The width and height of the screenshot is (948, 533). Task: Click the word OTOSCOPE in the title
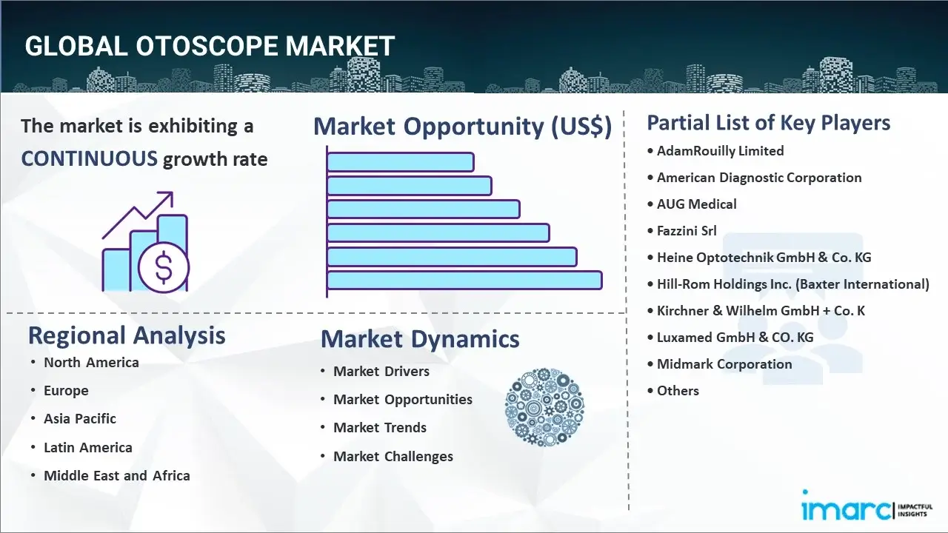tap(207, 46)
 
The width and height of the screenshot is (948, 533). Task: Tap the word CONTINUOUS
tap(90, 158)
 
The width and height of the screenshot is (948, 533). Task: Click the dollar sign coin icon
tap(164, 267)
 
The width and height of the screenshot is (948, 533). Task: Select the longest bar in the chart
tap(464, 281)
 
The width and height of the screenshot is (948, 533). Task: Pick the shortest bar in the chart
tap(401, 162)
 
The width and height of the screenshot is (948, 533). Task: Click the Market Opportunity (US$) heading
tap(463, 126)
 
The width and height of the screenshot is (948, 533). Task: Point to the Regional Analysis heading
tap(127, 335)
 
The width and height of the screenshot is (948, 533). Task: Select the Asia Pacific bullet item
tap(80, 419)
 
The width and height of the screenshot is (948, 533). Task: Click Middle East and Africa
tap(117, 475)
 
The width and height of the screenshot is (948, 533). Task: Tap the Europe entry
tap(66, 390)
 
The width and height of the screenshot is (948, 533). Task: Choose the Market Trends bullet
tap(380, 428)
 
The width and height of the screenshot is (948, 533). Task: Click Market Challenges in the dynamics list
tap(393, 457)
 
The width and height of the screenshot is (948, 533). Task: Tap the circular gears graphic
tap(544, 407)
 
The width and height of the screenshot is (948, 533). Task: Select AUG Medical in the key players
tap(696, 204)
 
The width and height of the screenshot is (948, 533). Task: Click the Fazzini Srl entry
tap(687, 231)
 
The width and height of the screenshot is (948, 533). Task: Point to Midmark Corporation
tap(724, 364)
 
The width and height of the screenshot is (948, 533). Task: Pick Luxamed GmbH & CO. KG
tap(735, 338)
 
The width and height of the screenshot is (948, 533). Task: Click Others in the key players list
tap(678, 391)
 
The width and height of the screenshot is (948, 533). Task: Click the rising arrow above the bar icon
tap(138, 215)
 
